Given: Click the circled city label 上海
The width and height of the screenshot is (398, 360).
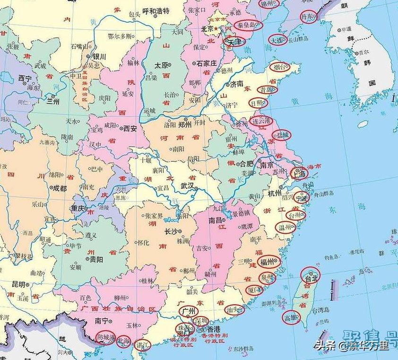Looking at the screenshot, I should [x=299, y=173].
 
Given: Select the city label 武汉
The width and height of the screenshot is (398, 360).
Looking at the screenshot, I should [x=188, y=186].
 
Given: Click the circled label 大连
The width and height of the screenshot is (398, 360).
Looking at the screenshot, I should [x=277, y=40].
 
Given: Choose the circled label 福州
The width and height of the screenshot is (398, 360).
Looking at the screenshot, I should [x=268, y=262].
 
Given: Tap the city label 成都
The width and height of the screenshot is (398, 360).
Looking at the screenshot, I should [x=60, y=188].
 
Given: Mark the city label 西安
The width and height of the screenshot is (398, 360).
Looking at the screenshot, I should [x=130, y=128].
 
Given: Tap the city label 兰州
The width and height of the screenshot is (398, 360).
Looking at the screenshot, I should [x=53, y=100].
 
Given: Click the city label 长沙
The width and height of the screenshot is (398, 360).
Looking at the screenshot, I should [x=171, y=231].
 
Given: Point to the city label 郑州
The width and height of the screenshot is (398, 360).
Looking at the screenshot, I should [x=185, y=125].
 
